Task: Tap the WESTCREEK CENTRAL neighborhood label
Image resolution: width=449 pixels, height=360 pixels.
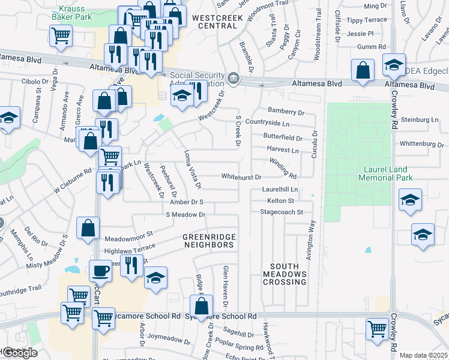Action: tap(217, 22)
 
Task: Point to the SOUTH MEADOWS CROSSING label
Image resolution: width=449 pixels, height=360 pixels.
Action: tap(288, 274)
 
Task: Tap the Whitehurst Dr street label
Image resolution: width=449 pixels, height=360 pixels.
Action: tap(241, 178)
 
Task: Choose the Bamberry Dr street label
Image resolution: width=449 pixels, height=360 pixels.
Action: tap(286, 112)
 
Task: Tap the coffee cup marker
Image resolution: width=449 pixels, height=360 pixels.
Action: tap(100, 271)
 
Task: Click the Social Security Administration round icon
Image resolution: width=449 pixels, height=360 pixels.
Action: tap(233, 78)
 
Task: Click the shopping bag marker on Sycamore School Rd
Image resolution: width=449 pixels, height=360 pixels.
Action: tap(201, 305)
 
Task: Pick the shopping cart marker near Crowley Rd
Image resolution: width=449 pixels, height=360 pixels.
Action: tap(377, 328)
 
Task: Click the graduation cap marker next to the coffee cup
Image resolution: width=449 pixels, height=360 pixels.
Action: tap(155, 278)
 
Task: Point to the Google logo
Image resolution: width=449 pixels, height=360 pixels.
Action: tap(19, 352)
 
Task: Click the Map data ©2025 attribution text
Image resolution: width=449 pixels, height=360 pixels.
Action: tap(423, 355)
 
